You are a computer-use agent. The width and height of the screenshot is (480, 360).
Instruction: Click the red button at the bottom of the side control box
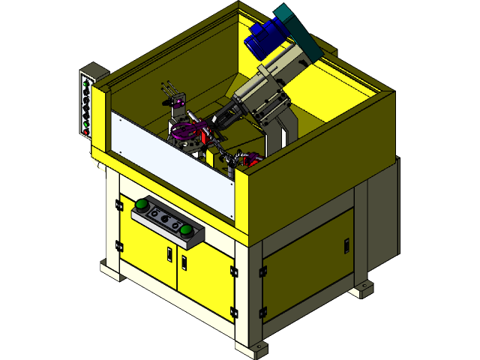point(87,132)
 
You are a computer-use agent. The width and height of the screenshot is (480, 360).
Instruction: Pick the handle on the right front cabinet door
point(183,260)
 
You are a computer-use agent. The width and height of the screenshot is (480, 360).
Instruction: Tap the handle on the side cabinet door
point(346,245)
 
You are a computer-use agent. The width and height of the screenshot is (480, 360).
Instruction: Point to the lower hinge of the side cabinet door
point(262,311)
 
